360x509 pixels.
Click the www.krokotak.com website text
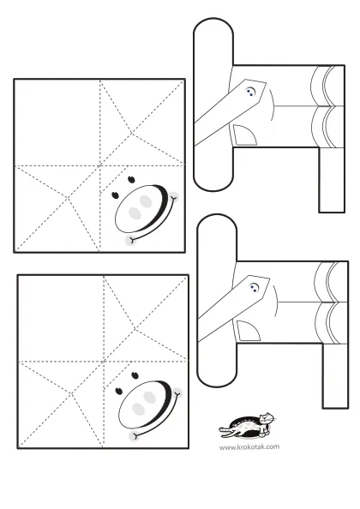pos(249,447)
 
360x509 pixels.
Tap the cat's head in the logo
pos(267,418)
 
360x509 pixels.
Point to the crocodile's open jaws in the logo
pos(225,430)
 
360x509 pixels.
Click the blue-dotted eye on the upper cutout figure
pos(250,92)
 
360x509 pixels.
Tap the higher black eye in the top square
pos(131,179)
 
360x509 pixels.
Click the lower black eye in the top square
pos(115,195)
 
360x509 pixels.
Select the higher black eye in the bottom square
pos(135,375)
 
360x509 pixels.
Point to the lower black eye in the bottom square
pos(119,391)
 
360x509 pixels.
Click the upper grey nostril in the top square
pos(146,201)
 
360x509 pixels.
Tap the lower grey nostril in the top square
pos(135,213)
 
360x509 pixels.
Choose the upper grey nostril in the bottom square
pos(150,397)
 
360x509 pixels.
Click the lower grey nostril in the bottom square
pos(138,409)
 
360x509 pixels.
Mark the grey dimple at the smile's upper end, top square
pos(174,196)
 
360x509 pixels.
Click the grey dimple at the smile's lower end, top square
pos(130,240)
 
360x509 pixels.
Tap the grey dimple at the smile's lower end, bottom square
pos(134,436)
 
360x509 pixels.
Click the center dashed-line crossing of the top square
pos(99,166)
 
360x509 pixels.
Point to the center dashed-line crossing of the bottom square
pos(104,362)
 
